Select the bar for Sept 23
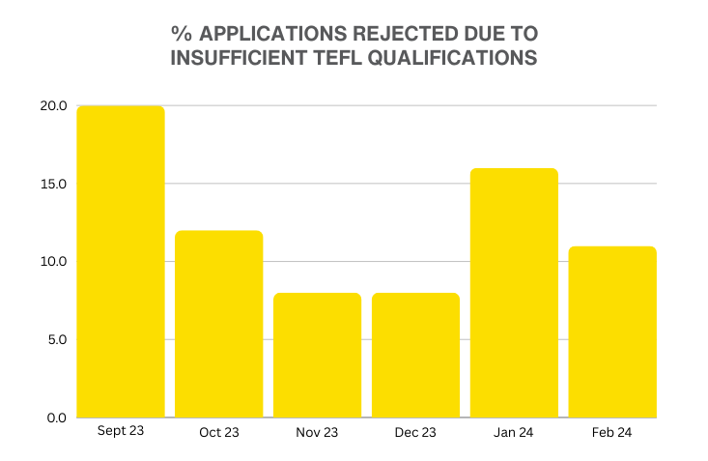click(121, 262)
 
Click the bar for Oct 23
click(219, 324)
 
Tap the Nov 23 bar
click(318, 355)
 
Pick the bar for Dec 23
click(415, 355)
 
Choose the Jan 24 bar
click(514, 293)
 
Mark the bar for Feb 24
click(612, 331)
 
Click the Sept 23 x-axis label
click(121, 431)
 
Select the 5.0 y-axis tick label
click(53, 340)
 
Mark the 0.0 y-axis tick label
click(53, 418)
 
